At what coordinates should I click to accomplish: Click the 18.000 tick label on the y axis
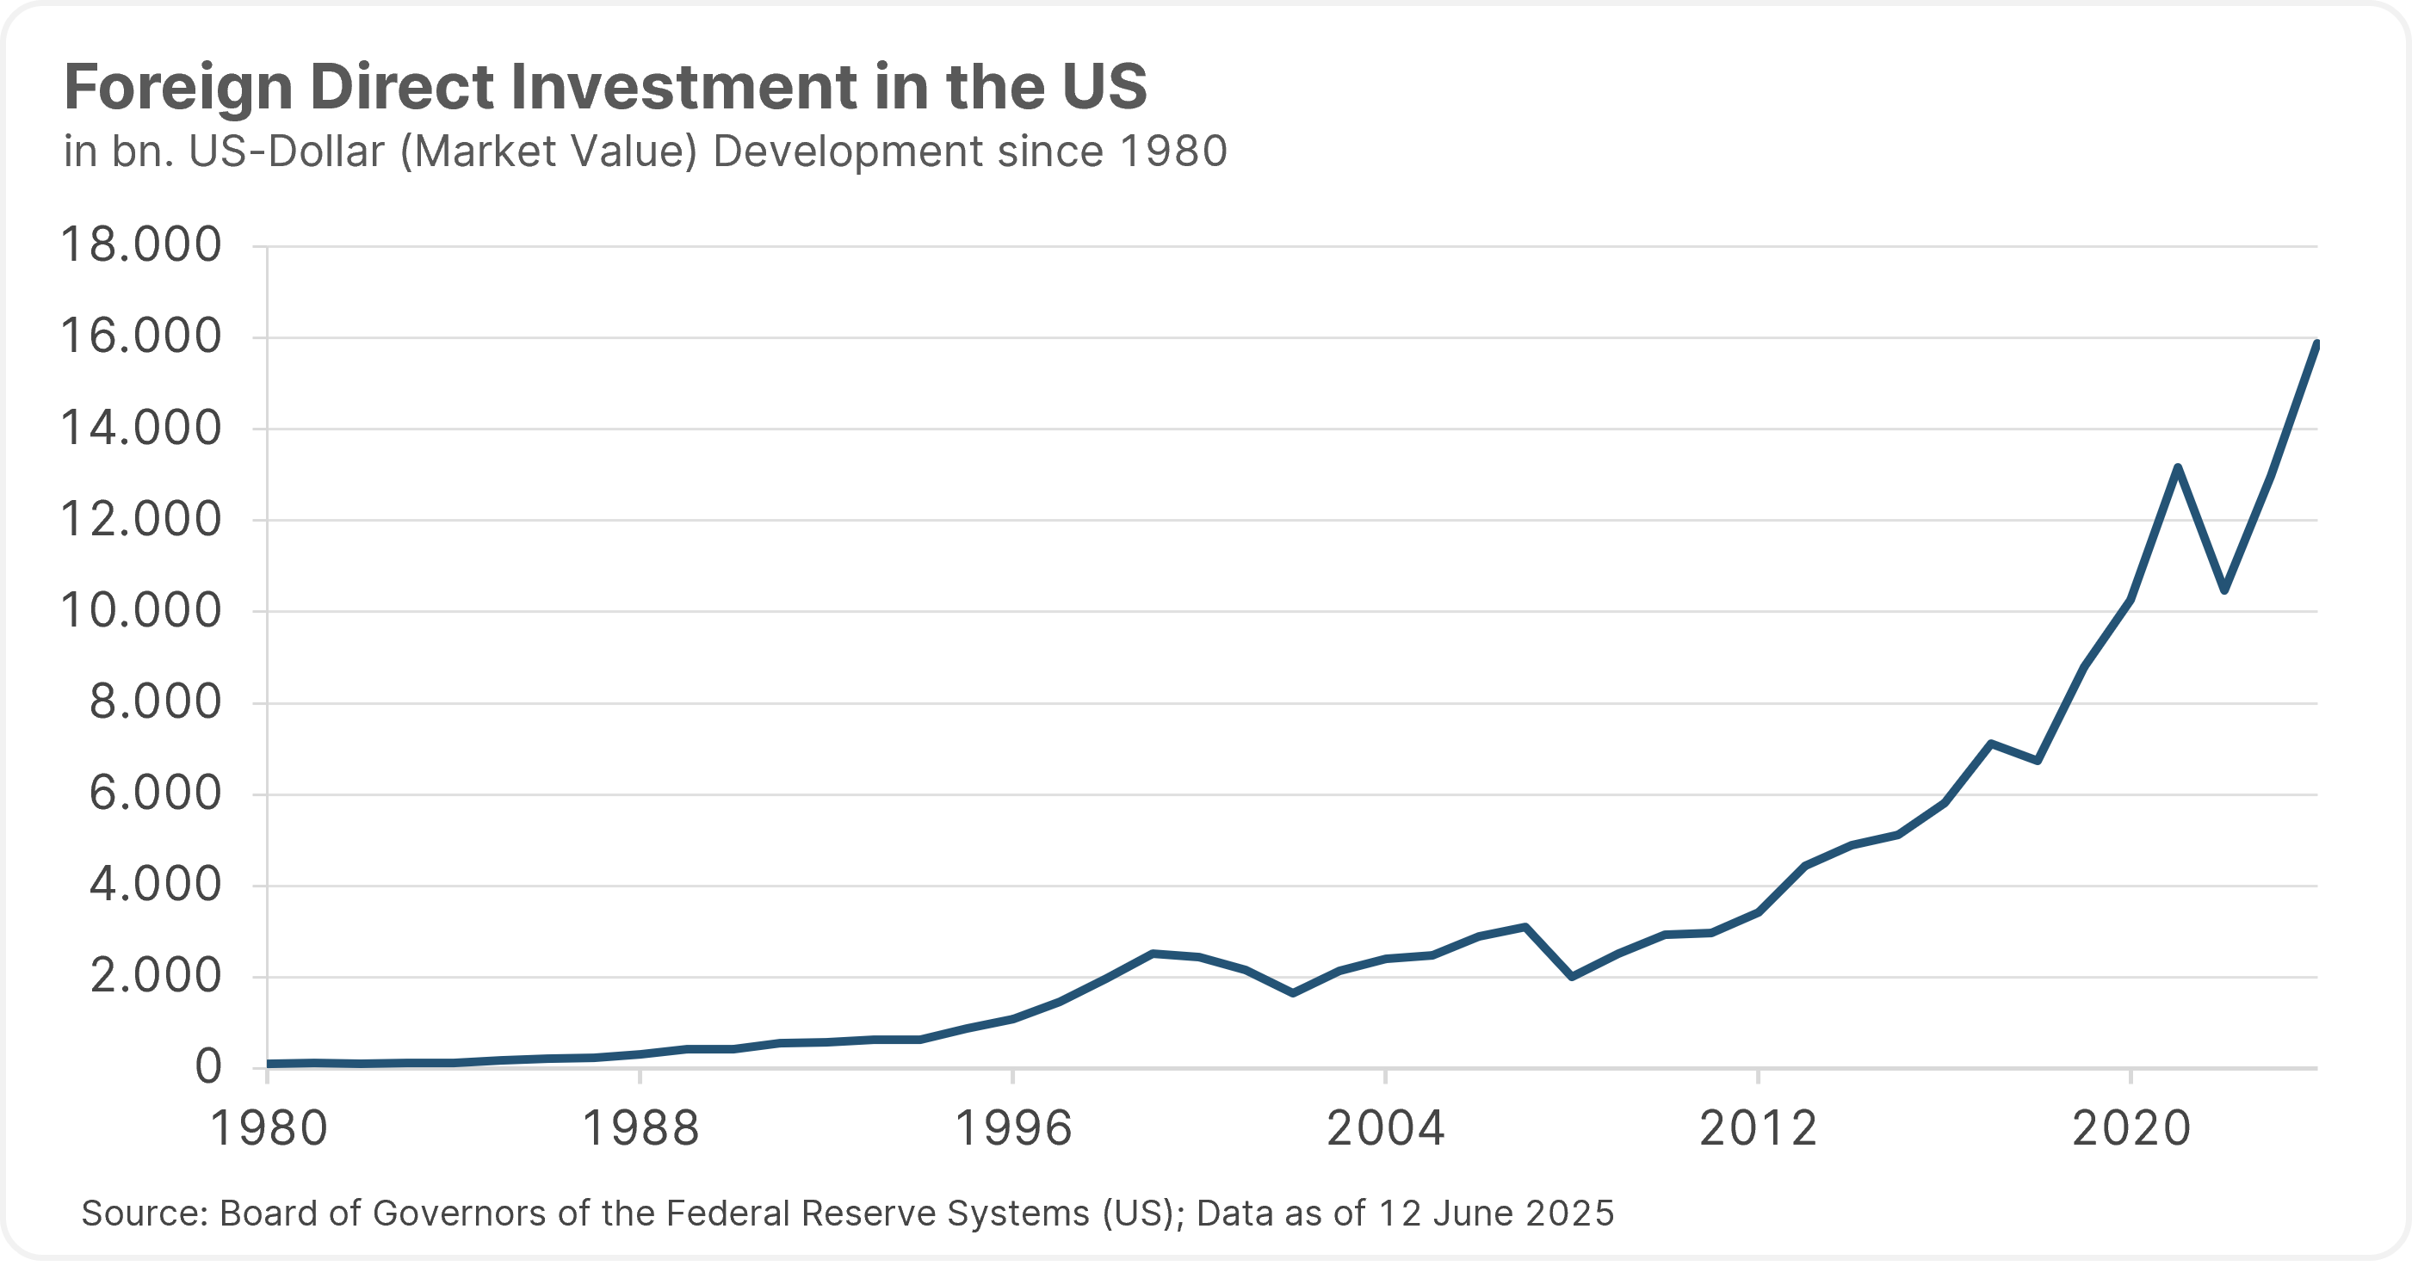click(140, 246)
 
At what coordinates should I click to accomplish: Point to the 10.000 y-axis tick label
click(140, 611)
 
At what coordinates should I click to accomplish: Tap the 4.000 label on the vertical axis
click(156, 885)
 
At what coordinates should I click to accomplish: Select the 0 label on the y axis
click(207, 1066)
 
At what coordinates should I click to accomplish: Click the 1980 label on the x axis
click(269, 1128)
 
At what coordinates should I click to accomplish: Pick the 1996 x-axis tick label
click(1013, 1128)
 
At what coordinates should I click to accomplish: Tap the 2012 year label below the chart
click(1758, 1128)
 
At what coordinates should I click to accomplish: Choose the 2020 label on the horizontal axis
click(2131, 1128)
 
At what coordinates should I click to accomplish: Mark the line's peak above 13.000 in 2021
click(2178, 467)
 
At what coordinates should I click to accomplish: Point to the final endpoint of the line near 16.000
click(2316, 344)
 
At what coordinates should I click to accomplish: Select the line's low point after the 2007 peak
click(1571, 977)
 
